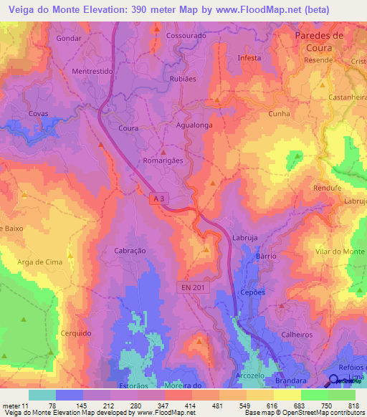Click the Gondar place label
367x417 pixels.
(69, 38)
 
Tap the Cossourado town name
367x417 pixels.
(186, 35)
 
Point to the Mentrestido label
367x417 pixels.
(94, 72)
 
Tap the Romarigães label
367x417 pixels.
(163, 161)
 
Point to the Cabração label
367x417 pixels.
(130, 251)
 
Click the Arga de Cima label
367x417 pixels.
(40, 262)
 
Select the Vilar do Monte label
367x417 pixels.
(340, 252)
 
